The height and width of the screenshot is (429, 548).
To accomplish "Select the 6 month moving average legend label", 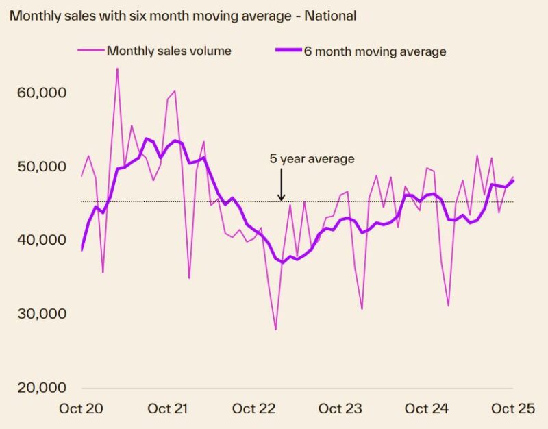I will pyautogui.click(x=375, y=51).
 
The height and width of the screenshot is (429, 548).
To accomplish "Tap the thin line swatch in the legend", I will pyautogui.click(x=90, y=51).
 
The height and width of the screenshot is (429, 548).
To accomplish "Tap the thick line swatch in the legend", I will pyautogui.click(x=287, y=51).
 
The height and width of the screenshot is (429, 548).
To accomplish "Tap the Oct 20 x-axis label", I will pyautogui.click(x=81, y=409).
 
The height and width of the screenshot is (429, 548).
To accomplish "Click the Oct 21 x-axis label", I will pyautogui.click(x=167, y=409).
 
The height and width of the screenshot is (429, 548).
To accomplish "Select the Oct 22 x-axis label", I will pyautogui.click(x=254, y=409).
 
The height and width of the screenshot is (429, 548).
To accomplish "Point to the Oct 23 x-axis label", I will pyautogui.click(x=340, y=409).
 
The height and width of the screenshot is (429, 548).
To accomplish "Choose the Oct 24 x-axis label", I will pyautogui.click(x=427, y=409).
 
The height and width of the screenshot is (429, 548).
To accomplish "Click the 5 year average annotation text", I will pyautogui.click(x=312, y=159).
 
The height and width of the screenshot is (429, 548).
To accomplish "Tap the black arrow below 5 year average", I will pyautogui.click(x=281, y=186).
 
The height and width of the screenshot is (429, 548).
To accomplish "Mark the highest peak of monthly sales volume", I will pyautogui.click(x=117, y=69).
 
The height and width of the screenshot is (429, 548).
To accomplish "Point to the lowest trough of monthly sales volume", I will pyautogui.click(x=276, y=330).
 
